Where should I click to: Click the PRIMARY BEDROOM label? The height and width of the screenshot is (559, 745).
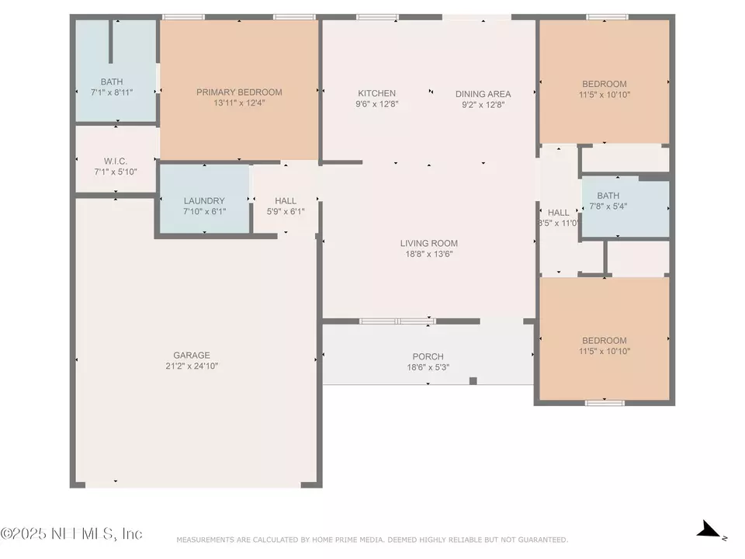[x=239, y=92]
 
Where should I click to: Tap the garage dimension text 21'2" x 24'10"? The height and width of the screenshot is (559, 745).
[x=192, y=366]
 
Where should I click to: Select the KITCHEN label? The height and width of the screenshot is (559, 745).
[x=376, y=94]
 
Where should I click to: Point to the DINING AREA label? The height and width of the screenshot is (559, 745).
[x=483, y=94]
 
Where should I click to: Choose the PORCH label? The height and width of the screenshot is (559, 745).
[x=428, y=357]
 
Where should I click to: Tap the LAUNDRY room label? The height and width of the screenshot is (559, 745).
[x=204, y=201]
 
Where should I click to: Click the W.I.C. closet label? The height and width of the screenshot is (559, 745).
[x=116, y=161]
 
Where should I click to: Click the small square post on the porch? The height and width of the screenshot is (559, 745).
[x=473, y=380]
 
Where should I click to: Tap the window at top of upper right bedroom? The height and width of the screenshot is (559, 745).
[x=606, y=16]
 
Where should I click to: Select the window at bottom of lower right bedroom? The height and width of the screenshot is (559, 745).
[x=605, y=402]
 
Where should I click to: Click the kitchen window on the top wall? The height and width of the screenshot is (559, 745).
[x=377, y=16]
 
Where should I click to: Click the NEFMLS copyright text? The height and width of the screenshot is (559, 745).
[x=71, y=534]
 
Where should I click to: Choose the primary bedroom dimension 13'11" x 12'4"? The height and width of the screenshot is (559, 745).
[x=239, y=103]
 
